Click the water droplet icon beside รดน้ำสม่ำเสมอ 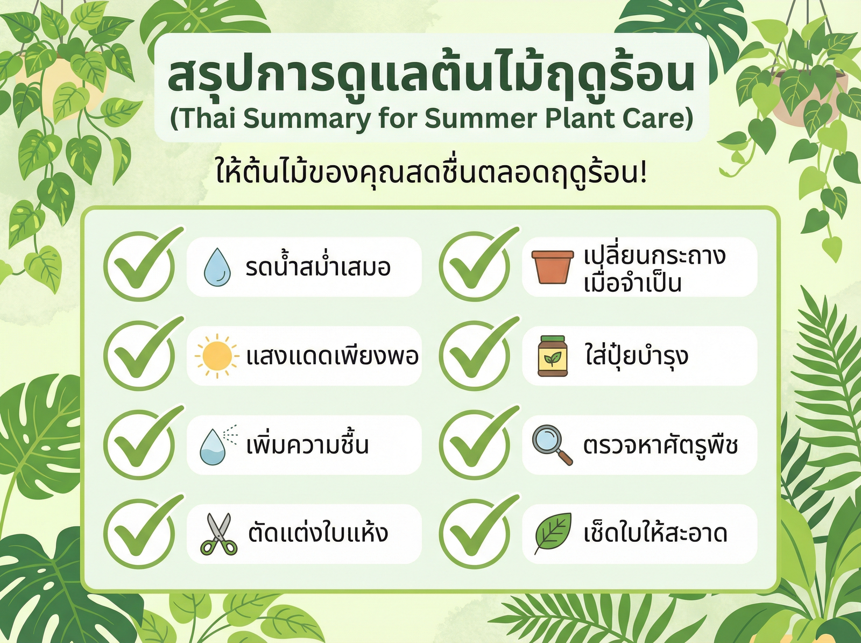coord(217,267)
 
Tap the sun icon coord(216,356)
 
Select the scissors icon coord(218,534)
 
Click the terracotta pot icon coord(552,266)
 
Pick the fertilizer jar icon coord(553,356)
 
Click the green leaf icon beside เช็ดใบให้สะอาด coord(553,533)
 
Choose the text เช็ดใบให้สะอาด coord(655,533)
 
